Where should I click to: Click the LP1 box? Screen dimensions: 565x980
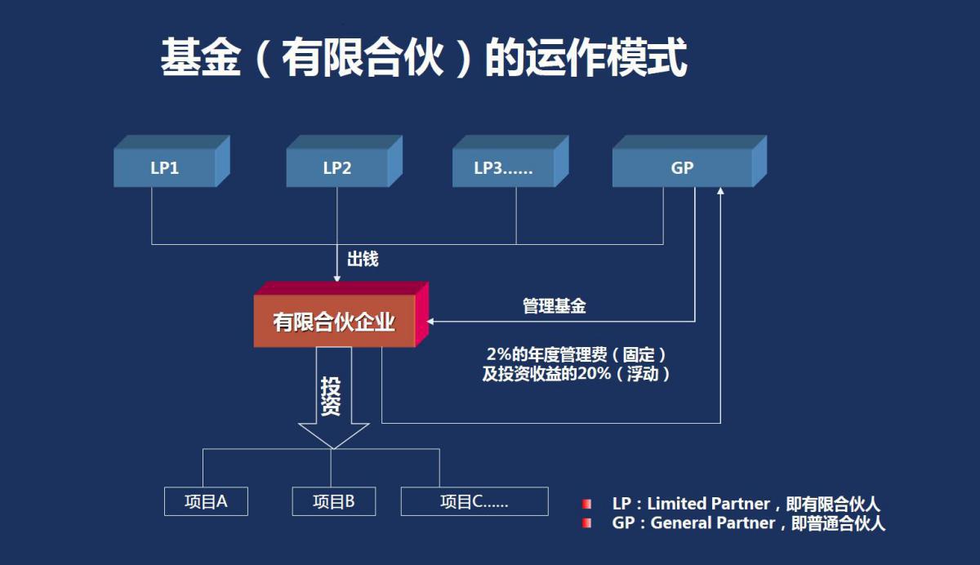(x=164, y=168)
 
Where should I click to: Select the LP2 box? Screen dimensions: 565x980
(x=336, y=168)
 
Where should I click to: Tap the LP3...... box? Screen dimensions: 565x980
(x=503, y=168)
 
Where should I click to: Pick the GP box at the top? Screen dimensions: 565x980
(x=682, y=168)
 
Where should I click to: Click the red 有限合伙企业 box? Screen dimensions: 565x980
(x=334, y=322)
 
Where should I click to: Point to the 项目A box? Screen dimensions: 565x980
(x=206, y=501)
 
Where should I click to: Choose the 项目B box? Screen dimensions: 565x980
(x=333, y=501)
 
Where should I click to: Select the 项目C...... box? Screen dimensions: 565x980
(x=474, y=501)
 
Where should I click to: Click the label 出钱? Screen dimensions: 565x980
(x=363, y=260)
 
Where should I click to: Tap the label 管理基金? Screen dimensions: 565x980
(x=555, y=307)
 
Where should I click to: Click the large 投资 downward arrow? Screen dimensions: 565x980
(x=331, y=400)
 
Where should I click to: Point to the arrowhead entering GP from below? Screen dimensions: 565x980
(x=720, y=191)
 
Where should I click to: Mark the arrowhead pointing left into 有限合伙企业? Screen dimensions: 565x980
(x=430, y=321)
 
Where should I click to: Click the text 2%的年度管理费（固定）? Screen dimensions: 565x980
(x=577, y=355)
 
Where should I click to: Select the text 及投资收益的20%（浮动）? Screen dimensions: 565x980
(x=577, y=374)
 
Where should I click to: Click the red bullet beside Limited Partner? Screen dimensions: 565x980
(x=586, y=504)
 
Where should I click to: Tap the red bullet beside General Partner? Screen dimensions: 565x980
(x=586, y=523)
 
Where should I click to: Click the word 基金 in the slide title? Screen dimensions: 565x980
(x=201, y=58)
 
